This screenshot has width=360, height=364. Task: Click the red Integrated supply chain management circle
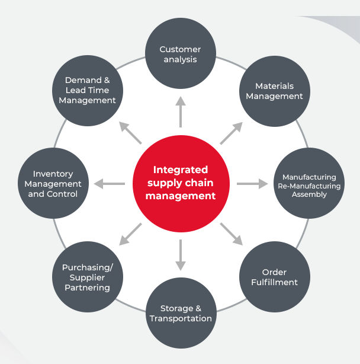(180, 183)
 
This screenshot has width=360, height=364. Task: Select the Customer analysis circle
(180, 55)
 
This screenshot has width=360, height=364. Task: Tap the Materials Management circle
(274, 91)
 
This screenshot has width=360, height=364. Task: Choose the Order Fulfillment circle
(274, 277)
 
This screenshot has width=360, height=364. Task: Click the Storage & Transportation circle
(180, 313)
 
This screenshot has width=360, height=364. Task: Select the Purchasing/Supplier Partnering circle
(87, 277)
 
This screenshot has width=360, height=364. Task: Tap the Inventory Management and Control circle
(53, 184)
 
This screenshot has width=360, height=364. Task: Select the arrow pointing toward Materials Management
(232, 133)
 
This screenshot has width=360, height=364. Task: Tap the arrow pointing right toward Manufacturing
(252, 184)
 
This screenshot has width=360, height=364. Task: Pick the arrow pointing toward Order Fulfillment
(232, 234)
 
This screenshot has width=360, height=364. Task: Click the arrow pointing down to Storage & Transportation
(180, 256)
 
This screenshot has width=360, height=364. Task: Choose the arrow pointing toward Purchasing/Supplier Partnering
(130, 234)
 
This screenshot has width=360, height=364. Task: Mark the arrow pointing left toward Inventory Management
(109, 184)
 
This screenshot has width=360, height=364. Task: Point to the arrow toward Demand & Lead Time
(130, 133)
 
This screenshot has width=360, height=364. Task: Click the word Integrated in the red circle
(180, 170)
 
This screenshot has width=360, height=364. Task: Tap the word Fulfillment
(274, 283)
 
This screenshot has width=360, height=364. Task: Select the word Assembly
(309, 194)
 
